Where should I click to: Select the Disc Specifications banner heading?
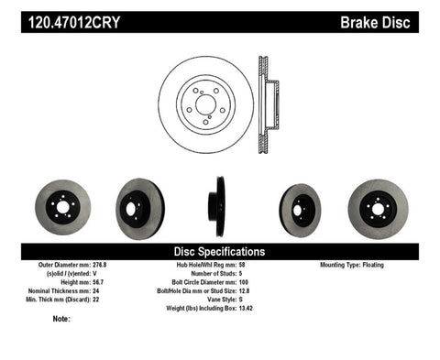point(220,251)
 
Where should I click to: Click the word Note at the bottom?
point(61,319)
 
